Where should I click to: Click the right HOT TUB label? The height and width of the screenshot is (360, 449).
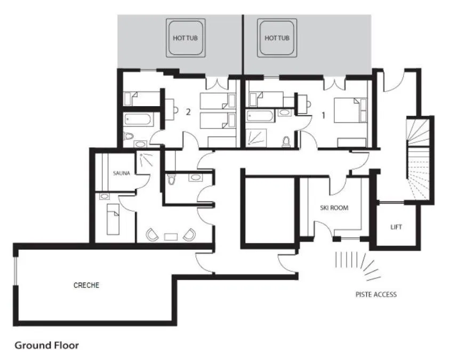click(x=277, y=38)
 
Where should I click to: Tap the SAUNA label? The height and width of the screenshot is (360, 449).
click(x=121, y=173)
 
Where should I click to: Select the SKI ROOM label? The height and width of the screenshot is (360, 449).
click(x=334, y=208)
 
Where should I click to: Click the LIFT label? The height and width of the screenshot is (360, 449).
click(x=396, y=227)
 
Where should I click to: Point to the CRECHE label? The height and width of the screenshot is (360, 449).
click(x=86, y=285)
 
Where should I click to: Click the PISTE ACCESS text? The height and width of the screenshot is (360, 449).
click(x=376, y=294)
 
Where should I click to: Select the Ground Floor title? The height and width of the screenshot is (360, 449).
click(x=46, y=345)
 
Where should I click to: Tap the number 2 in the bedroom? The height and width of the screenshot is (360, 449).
click(x=188, y=112)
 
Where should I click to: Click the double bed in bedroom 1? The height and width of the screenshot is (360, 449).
click(x=350, y=110)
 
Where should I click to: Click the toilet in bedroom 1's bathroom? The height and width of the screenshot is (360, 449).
click(x=287, y=141)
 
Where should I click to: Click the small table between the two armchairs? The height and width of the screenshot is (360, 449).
click(x=171, y=236)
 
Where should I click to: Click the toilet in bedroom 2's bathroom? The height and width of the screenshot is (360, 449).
click(x=127, y=138)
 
